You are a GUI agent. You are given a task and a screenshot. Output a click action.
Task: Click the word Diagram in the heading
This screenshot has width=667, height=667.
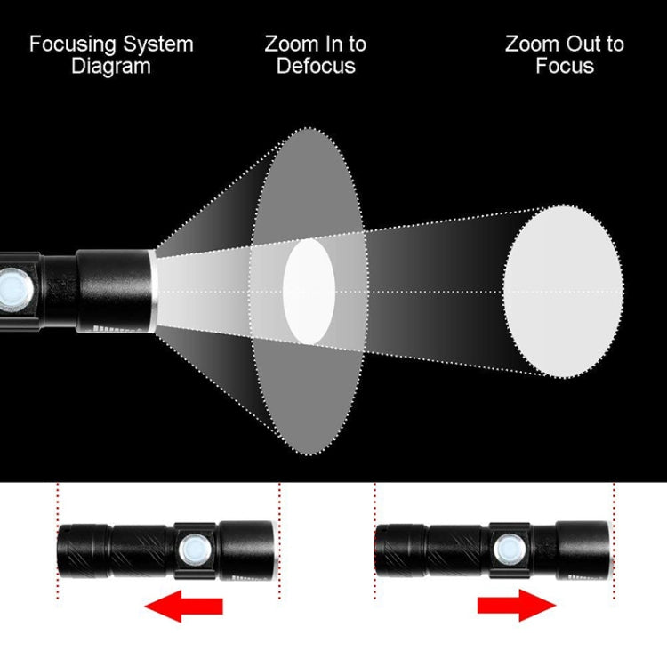click(x=110, y=67)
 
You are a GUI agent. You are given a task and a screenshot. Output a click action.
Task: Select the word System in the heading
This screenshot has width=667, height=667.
click(x=158, y=44)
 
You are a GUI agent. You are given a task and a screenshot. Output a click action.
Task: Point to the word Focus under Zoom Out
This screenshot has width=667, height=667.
click(x=565, y=67)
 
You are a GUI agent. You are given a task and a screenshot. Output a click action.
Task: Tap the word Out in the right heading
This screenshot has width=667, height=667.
click(x=579, y=44)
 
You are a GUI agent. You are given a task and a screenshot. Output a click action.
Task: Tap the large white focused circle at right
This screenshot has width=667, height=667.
click(x=563, y=291)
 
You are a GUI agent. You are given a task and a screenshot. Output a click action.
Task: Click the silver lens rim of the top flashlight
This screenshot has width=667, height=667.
click(x=153, y=291)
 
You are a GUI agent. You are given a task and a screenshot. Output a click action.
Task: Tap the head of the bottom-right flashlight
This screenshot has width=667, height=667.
click(x=583, y=550)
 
